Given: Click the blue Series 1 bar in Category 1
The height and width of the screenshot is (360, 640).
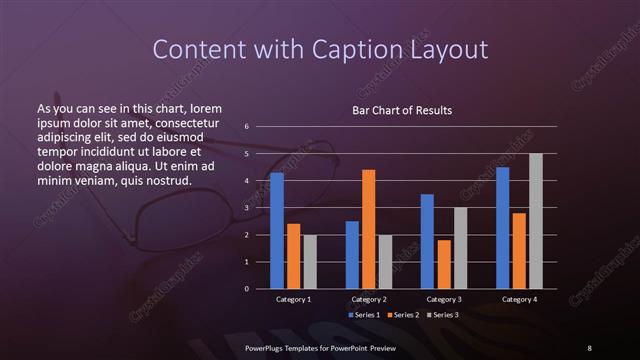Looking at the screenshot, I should point(277,231).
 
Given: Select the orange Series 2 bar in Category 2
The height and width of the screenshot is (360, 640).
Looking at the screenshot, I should point(369,229).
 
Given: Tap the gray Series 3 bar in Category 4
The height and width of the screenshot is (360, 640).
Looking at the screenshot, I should point(536,221).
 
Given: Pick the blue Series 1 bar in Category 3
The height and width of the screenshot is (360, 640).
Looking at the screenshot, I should point(427,241).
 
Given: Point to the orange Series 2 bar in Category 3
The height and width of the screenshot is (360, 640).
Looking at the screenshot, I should point(444,264).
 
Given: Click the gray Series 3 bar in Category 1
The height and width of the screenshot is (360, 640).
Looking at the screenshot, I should point(310,262).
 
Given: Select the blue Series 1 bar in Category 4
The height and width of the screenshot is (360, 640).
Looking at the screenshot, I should point(503,228).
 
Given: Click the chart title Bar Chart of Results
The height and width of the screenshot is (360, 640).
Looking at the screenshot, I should point(403,110).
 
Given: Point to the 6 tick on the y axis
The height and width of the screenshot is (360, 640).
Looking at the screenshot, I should point(247,127).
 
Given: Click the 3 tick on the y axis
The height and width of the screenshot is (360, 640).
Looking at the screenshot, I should point(247,208).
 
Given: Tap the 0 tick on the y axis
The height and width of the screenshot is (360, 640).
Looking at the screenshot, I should point(247,289).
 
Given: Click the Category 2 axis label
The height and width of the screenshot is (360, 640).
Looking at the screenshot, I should point(369,299).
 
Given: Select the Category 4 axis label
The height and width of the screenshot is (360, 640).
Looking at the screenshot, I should point(519,299).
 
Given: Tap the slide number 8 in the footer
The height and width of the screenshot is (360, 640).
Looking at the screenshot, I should point(589,347).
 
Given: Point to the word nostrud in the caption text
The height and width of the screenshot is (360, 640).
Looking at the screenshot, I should point(167,180).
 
